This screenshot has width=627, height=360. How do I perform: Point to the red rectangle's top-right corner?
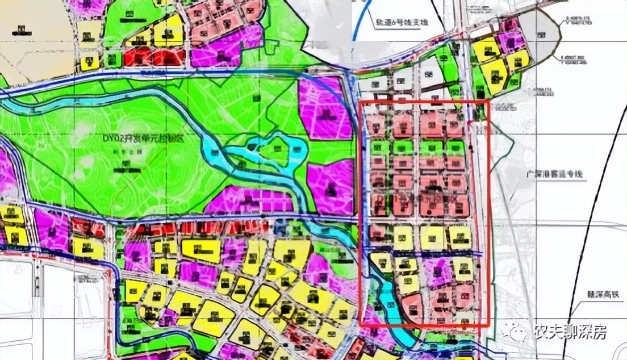[x=488, y=102]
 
